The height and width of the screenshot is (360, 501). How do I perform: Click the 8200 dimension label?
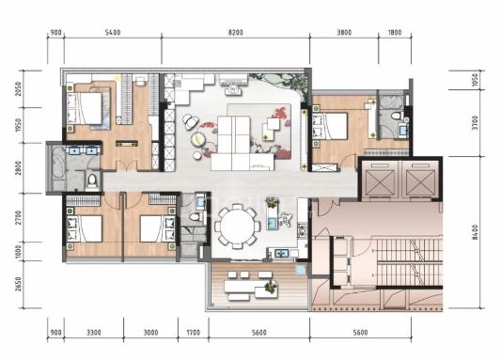point(235,32)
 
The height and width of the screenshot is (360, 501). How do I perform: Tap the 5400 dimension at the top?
point(113,32)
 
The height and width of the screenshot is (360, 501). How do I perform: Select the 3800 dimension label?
point(344,32)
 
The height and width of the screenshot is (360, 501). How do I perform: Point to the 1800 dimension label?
point(394,32)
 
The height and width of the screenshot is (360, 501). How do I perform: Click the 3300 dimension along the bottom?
point(94,333)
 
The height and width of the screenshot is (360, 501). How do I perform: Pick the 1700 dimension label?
point(193,333)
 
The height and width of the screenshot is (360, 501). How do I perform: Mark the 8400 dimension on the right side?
point(476,232)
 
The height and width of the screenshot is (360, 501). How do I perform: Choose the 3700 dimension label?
point(476,122)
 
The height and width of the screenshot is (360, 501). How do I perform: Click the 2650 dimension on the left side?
point(19,284)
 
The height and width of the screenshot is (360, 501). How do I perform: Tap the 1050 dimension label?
point(476,80)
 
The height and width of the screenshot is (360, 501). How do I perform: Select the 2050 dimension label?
point(19,89)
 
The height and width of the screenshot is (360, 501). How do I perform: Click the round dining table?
point(238,227)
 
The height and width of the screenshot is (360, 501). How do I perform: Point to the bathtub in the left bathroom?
point(58,167)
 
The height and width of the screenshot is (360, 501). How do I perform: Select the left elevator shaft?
point(379,180)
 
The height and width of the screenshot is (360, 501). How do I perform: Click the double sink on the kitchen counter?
point(282,253)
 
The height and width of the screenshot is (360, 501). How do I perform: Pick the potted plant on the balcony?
point(271,286)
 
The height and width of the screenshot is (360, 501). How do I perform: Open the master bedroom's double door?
point(127,165)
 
